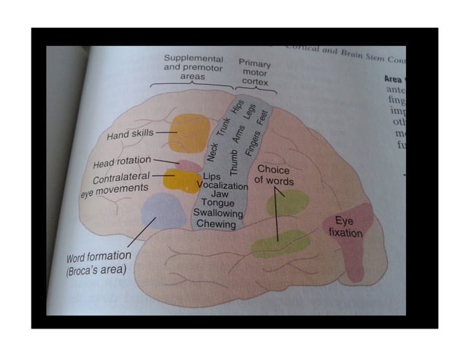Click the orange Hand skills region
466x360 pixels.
(x=189, y=133)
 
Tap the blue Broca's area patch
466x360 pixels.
(x=164, y=212)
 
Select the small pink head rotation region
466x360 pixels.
(x=188, y=166)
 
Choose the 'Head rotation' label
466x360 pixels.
(x=122, y=161)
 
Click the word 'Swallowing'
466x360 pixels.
(x=217, y=214)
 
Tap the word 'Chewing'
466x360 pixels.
(x=217, y=225)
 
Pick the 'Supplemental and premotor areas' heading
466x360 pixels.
(x=193, y=66)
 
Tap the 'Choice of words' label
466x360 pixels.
(x=274, y=175)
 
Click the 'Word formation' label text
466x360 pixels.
(x=99, y=256)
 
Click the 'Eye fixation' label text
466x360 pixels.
(x=345, y=226)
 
